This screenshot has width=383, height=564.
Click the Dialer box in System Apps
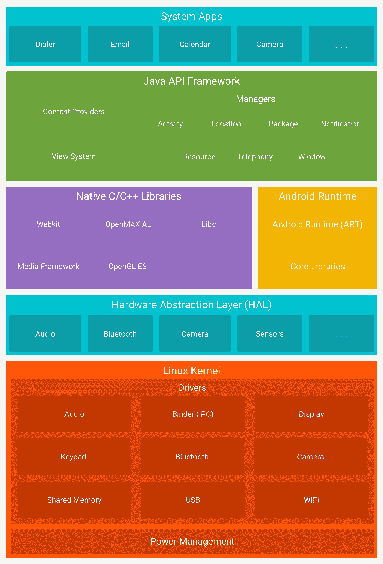pos(45,44)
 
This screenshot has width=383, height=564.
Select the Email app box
pos(120,44)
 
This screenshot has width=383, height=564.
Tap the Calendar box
pos(195,44)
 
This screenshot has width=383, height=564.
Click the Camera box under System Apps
pos(270,44)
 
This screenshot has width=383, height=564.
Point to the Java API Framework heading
pos(191,81)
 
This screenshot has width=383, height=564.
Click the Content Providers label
pos(74,112)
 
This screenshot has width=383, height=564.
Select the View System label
pos(74,156)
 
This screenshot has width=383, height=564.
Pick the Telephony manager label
pos(255,157)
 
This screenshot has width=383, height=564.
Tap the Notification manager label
pos(341,124)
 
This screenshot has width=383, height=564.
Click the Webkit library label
pos(48,224)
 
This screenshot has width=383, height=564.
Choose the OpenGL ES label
pos(128,266)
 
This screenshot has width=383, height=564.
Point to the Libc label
pos(209,224)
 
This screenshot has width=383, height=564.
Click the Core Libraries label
pos(317,266)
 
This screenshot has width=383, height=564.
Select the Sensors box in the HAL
pos(270,334)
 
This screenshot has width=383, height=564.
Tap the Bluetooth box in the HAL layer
pos(120,334)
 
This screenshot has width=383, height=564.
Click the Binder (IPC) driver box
pos(193,414)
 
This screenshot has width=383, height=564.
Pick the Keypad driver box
pos(74,457)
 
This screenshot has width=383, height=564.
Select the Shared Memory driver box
pos(74,500)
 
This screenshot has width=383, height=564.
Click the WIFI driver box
pos(311,500)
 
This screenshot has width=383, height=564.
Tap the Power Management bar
pos(192,541)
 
